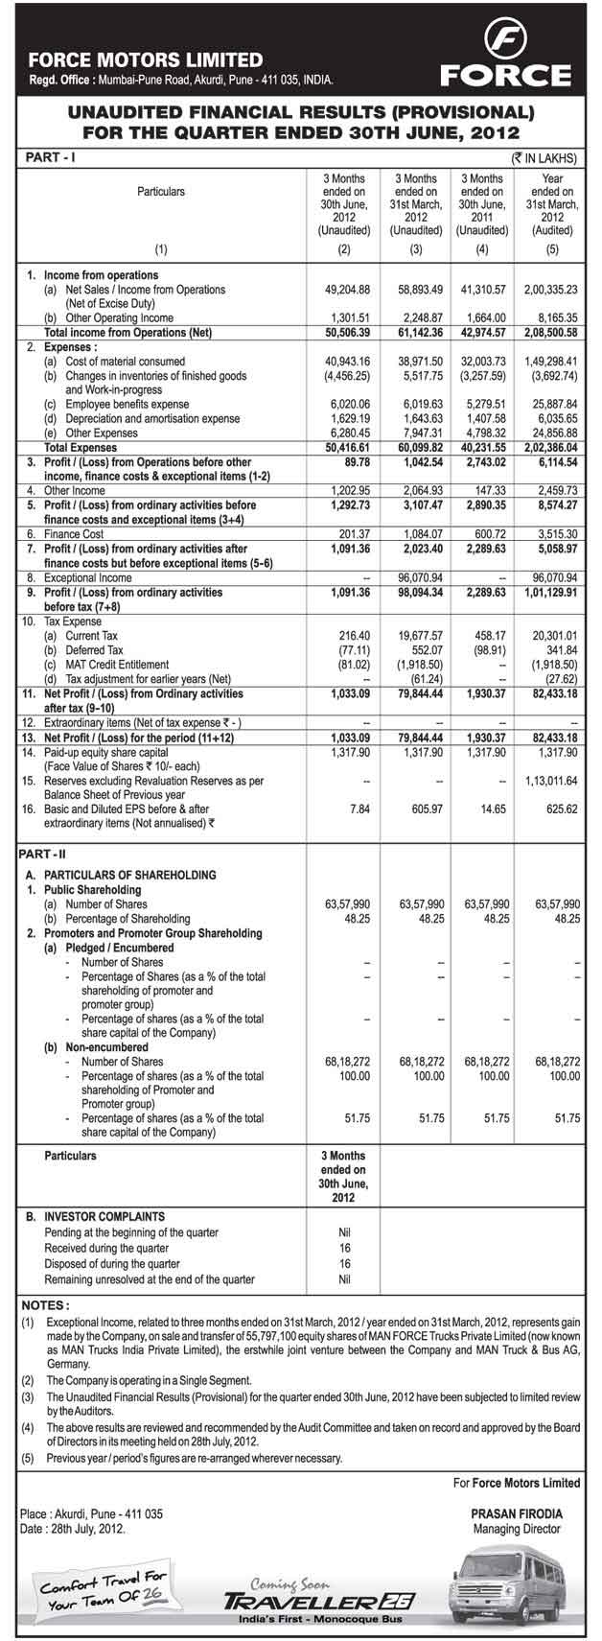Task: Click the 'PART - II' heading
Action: (x=43, y=853)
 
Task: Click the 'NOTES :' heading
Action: (x=45, y=1304)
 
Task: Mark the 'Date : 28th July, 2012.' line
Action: (x=73, y=1529)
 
